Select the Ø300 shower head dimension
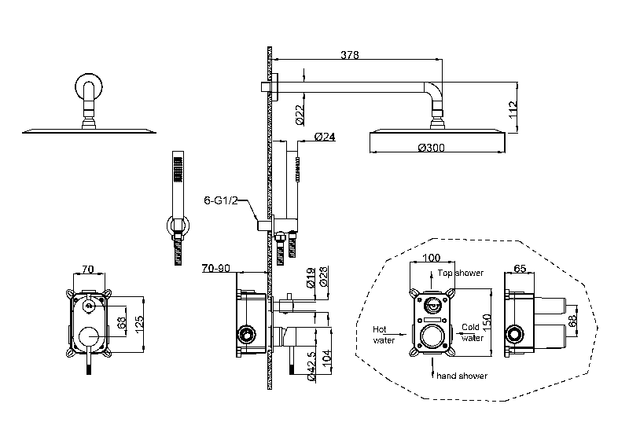(x=433, y=147)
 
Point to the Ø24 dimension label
(x=326, y=136)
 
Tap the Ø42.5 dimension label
(x=312, y=365)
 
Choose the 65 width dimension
(x=519, y=268)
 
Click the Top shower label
(x=462, y=273)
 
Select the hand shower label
(x=462, y=376)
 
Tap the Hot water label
(x=384, y=335)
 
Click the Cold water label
(x=472, y=332)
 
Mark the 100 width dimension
(x=431, y=258)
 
